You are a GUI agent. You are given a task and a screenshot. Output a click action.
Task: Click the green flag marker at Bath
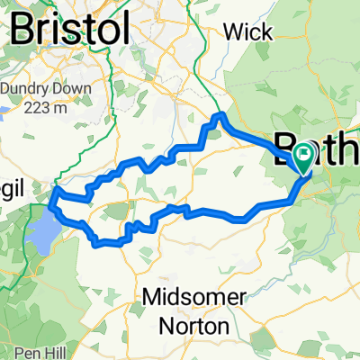303,160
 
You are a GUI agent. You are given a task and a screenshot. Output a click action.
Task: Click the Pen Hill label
33,351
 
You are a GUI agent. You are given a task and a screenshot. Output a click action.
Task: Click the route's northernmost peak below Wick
220,116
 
